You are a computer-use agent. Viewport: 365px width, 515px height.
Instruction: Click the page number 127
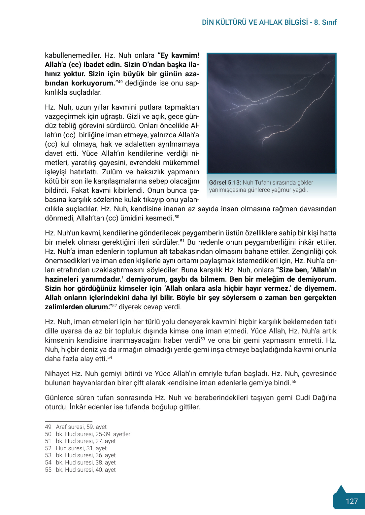coord(351,501)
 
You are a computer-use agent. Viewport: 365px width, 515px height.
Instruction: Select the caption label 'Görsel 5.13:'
coord(225,183)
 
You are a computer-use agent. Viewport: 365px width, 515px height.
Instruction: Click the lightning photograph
coord(271,113)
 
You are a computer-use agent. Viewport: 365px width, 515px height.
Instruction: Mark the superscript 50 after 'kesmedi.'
coord(177,217)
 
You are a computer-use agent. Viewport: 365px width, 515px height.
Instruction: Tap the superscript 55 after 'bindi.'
coord(294,381)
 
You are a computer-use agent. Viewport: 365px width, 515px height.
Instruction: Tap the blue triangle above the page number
coord(341,489)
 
